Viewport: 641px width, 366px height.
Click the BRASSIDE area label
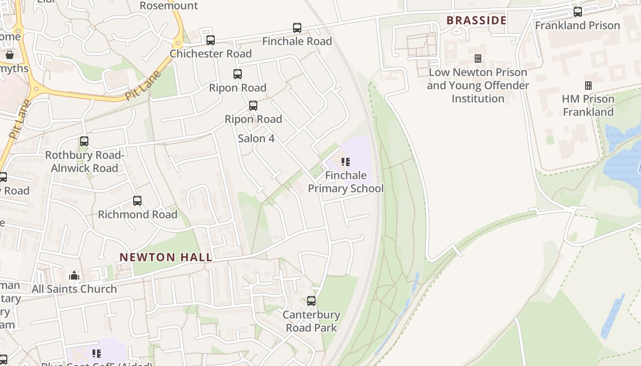click(x=476, y=21)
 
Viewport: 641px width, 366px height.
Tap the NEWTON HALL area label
click(x=166, y=257)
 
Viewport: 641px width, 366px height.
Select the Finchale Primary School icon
click(x=346, y=162)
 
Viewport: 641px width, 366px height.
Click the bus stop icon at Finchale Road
click(x=297, y=28)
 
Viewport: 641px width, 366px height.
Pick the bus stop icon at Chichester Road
click(x=211, y=40)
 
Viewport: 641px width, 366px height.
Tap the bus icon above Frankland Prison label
click(x=578, y=12)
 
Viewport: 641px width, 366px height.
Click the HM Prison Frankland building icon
click(x=588, y=86)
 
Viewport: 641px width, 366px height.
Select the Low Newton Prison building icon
click(x=478, y=59)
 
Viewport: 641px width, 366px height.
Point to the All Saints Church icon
click(x=74, y=275)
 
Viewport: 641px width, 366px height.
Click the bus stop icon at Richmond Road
click(x=137, y=201)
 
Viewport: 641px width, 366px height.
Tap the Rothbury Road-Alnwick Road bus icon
click(x=84, y=141)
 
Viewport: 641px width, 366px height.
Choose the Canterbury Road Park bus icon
click(x=311, y=301)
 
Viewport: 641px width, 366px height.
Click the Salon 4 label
click(x=256, y=138)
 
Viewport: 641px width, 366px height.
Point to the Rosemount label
click(x=168, y=6)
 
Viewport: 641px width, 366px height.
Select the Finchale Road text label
click(x=297, y=41)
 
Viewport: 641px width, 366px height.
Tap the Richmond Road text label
click(x=137, y=215)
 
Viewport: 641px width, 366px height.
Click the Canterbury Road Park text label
click(x=311, y=321)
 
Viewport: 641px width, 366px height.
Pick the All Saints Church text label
click(x=74, y=289)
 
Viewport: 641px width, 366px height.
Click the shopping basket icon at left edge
click(x=10, y=55)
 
